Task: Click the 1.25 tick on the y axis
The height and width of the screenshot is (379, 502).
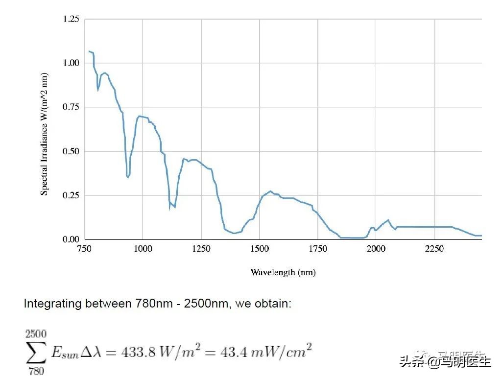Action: pos(71,19)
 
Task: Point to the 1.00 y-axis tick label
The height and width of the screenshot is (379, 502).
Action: pos(71,63)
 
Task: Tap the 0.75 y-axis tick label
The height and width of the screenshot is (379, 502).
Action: pos(71,107)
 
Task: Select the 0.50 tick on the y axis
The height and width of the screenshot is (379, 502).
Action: pos(71,151)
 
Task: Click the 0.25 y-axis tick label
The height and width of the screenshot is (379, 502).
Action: pos(71,195)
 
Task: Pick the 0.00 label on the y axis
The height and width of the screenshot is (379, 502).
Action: pos(71,239)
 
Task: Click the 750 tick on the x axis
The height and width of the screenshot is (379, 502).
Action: pos(85,249)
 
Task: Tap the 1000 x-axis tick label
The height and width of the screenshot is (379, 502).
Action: pos(143,249)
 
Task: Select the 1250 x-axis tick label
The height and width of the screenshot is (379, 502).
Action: pos(201,249)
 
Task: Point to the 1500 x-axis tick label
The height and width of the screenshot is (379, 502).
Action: pos(260,249)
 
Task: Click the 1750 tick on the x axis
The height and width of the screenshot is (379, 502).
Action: pos(318,249)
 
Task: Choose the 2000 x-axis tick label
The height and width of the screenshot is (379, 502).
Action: pos(376,249)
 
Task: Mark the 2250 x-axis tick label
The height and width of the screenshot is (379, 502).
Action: pos(434,249)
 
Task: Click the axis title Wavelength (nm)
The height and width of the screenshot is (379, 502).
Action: pos(283,272)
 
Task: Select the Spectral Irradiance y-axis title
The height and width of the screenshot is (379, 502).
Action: pos(45,134)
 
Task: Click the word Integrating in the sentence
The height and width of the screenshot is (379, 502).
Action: pos(52,304)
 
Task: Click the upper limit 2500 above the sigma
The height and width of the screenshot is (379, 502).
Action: pos(36,334)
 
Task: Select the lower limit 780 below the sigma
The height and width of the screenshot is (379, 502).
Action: pos(36,371)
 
